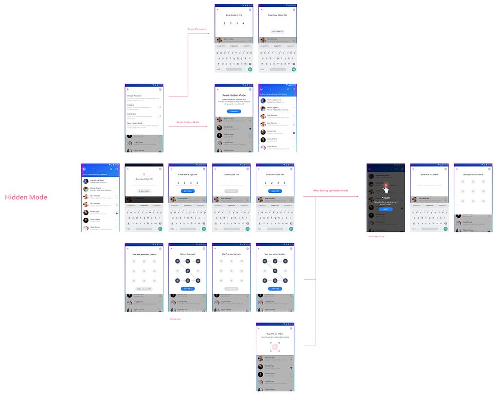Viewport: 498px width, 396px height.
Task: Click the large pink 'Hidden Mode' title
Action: click(x=26, y=197)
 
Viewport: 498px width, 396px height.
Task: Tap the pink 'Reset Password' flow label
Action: click(x=197, y=29)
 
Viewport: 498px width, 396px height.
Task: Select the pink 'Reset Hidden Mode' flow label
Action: click(x=188, y=122)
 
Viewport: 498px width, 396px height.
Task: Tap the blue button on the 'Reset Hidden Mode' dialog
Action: click(x=234, y=111)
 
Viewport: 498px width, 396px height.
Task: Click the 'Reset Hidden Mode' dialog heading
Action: click(x=234, y=95)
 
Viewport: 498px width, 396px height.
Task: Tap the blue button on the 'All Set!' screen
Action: click(x=386, y=208)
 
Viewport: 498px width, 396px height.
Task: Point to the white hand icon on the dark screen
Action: click(x=386, y=188)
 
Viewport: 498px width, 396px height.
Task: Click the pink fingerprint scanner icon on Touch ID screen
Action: click(x=275, y=347)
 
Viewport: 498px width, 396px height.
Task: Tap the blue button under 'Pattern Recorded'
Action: click(x=188, y=289)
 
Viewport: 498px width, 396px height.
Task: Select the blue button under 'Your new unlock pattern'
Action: click(x=275, y=289)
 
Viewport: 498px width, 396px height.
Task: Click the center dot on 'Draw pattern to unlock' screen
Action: click(x=473, y=191)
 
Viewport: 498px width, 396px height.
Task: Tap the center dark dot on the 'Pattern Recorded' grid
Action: click(x=188, y=270)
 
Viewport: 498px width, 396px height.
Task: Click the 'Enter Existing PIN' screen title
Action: click(x=234, y=15)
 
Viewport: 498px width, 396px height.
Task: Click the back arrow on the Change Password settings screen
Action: click(x=128, y=89)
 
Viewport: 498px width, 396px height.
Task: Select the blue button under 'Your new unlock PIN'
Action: click(x=275, y=191)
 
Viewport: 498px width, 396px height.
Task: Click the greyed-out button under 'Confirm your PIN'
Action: click(x=231, y=191)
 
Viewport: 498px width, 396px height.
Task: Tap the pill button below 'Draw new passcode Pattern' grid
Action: click(x=144, y=289)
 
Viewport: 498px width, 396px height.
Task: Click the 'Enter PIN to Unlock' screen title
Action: click(x=429, y=174)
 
